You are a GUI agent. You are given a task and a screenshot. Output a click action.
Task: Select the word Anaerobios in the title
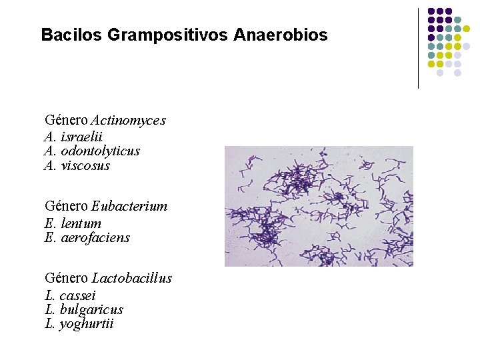click(x=281, y=35)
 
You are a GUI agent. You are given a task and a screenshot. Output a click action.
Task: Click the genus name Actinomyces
click(x=128, y=121)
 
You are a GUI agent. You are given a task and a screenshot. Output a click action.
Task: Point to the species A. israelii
click(x=73, y=136)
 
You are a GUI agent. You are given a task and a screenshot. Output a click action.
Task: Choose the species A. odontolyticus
click(x=92, y=151)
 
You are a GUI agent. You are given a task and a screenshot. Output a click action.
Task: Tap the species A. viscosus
click(x=77, y=165)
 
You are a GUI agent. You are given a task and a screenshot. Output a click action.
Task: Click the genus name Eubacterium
click(x=129, y=207)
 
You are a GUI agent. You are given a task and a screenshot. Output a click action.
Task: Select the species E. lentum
click(x=73, y=223)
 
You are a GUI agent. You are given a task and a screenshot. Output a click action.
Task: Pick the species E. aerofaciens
click(x=87, y=238)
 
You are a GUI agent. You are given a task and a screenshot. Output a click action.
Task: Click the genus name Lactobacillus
click(x=132, y=278)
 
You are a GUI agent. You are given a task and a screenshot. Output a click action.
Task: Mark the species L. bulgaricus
click(x=83, y=309)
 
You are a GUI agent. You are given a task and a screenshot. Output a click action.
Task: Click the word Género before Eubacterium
click(x=66, y=207)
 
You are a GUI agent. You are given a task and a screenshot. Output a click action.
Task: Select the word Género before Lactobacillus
click(x=66, y=278)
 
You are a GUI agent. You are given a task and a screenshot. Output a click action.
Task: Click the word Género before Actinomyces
click(x=66, y=121)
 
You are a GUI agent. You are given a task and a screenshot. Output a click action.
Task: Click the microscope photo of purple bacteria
click(x=319, y=206)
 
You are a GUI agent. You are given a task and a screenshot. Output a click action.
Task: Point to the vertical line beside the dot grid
click(x=418, y=48)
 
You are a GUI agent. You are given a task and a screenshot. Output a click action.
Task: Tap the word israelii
click(x=81, y=136)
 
